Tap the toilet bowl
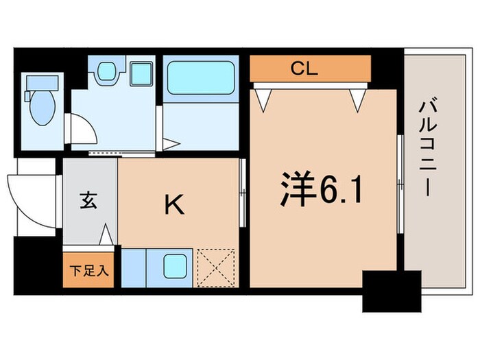point(40,108)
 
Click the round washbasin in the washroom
point(106,71)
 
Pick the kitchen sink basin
point(174,265)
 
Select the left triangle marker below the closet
point(263,99)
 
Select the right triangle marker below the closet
point(357,99)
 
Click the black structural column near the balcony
point(391,291)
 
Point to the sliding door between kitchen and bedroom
point(243,193)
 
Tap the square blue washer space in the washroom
point(142,71)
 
